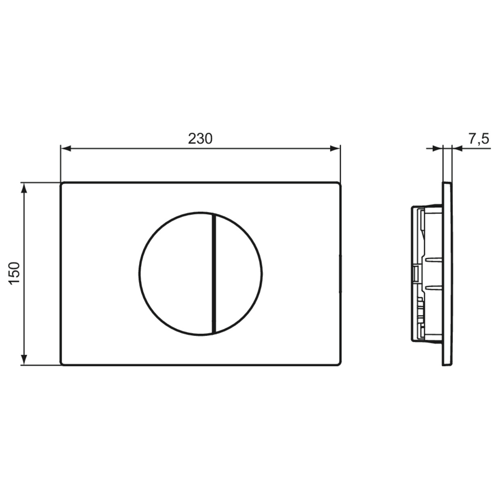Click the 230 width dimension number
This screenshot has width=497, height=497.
[200, 139]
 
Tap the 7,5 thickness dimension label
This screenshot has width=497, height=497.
[479, 139]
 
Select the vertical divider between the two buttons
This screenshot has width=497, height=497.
[213, 273]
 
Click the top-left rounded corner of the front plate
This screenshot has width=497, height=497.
[62, 184]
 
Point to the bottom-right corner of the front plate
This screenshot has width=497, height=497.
[339, 363]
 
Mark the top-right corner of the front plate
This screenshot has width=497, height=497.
[339, 184]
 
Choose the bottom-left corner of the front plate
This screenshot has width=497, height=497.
[62, 363]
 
